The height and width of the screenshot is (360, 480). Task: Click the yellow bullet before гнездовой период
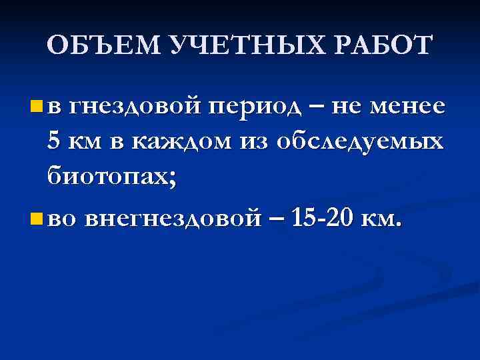[x=35, y=105]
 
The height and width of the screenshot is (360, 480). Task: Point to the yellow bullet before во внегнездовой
[x=35, y=217]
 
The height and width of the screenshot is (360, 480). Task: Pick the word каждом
[x=177, y=142]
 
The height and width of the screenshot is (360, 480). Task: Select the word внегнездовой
[x=171, y=217]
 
